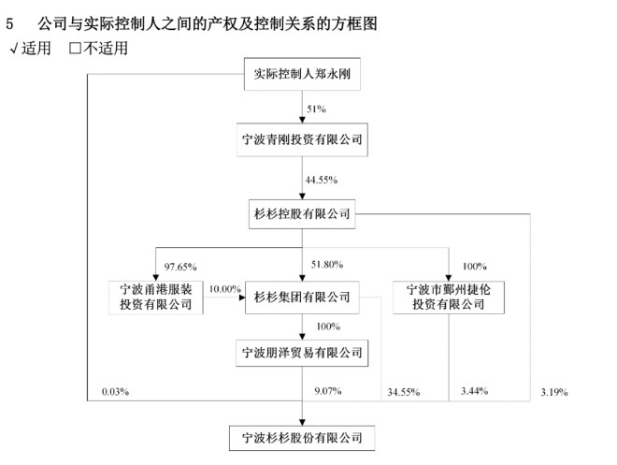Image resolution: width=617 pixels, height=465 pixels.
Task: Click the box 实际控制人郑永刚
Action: tap(302, 74)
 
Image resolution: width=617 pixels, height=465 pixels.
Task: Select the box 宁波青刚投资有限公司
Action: tap(302, 139)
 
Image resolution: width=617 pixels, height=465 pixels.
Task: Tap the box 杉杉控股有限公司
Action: tap(302, 214)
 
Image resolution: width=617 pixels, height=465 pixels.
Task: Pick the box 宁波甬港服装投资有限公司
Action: tap(156, 298)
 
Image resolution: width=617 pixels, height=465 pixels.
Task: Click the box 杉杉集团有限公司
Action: tap(302, 298)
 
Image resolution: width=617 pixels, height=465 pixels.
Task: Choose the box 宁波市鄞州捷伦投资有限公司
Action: tap(448, 298)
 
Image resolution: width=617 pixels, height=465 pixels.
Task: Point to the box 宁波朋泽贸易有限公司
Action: tap(302, 353)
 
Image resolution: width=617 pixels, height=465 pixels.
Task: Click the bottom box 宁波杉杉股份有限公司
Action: tap(302, 438)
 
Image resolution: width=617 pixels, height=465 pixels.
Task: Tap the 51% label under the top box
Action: tap(316, 109)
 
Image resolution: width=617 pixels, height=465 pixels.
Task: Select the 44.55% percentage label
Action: tap(322, 180)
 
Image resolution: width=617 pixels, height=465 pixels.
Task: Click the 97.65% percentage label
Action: tap(180, 267)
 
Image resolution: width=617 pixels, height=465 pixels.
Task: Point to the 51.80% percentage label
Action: tap(327, 265)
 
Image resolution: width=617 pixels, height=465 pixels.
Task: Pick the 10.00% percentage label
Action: tap(224, 289)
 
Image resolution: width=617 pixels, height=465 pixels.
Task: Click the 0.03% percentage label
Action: tap(115, 392)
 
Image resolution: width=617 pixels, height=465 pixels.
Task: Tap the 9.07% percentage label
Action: tap(328, 391)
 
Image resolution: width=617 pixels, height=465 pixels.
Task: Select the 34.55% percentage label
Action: tap(404, 392)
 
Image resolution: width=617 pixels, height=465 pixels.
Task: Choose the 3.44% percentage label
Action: tap(475, 391)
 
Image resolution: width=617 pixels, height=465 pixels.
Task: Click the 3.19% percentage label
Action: tap(554, 392)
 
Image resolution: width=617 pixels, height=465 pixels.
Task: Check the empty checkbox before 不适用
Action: tap(75, 49)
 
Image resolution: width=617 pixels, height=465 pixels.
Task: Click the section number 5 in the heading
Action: tap(9, 23)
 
